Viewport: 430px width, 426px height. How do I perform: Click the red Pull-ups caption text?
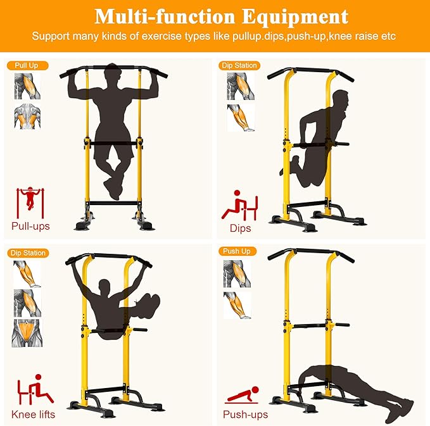[x=30, y=226]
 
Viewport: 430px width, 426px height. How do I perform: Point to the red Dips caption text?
[x=241, y=229]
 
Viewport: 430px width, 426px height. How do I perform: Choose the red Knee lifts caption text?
[x=33, y=415]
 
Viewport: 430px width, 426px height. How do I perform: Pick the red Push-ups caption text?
[x=245, y=415]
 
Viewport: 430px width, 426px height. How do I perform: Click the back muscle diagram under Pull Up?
[x=27, y=117]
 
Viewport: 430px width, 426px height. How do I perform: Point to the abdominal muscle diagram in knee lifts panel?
[x=27, y=333]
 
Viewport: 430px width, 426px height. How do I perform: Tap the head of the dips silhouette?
[x=340, y=101]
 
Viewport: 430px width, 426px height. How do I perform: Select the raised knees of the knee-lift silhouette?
[x=149, y=302]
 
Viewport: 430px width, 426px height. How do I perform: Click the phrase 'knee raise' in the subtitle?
[x=358, y=36]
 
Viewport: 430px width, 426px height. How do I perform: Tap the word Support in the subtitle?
[x=51, y=36]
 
